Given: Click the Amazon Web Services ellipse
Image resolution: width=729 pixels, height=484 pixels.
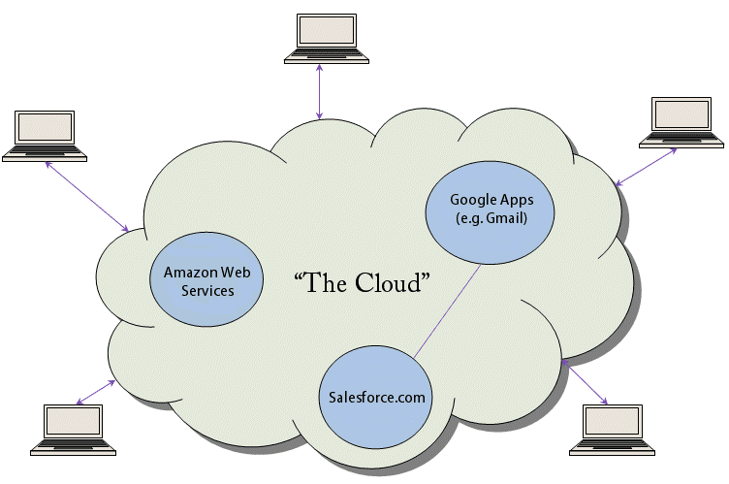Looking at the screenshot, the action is [206, 279].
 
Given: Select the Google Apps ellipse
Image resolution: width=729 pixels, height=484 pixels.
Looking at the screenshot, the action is [490, 212].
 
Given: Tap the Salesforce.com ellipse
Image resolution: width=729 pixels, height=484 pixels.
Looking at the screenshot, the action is [376, 397].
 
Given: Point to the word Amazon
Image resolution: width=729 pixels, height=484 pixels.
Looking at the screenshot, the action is [191, 273].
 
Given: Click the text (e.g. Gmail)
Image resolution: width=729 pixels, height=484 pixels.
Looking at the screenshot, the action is [491, 218].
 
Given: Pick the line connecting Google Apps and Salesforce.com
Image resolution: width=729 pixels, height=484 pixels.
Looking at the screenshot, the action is [447, 311].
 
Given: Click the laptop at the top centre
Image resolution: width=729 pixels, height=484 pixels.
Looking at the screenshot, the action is [327, 39].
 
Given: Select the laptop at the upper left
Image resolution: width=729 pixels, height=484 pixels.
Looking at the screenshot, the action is [45, 137].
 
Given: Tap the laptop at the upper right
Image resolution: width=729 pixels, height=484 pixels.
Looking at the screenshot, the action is [681, 122].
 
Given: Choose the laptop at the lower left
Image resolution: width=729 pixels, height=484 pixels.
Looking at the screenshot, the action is [73, 430].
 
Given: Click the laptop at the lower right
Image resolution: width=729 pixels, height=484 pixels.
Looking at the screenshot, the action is [613, 430].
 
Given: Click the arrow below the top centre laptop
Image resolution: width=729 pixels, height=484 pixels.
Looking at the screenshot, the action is [319, 92].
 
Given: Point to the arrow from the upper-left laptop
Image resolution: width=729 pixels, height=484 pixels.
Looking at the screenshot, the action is [87, 196].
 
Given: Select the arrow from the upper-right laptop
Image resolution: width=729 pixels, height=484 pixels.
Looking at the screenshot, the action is [646, 167].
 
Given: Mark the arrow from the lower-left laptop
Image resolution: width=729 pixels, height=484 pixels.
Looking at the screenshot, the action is [96, 392].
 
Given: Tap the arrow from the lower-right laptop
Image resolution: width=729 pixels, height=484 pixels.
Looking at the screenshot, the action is [585, 381].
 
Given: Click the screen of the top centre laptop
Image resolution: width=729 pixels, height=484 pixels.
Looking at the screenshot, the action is [327, 31].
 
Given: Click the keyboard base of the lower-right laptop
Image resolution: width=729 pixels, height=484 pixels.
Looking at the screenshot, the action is [613, 449].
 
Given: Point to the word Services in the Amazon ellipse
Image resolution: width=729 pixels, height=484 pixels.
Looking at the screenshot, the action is [207, 291].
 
